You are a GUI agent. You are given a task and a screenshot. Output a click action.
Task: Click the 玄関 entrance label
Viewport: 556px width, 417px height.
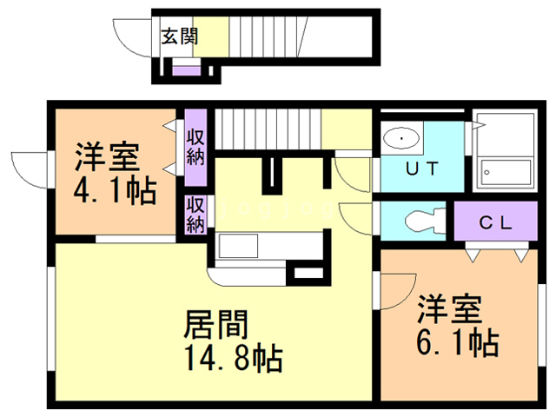(x=179, y=36)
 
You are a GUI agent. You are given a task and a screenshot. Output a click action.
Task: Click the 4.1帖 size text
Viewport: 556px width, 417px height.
(x=113, y=189)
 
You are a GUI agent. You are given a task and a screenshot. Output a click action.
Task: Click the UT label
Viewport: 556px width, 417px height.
(x=425, y=169)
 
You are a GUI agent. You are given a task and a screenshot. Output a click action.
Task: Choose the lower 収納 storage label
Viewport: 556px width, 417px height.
(x=195, y=215)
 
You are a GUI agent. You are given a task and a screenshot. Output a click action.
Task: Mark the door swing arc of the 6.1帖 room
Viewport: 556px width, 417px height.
(x=395, y=291)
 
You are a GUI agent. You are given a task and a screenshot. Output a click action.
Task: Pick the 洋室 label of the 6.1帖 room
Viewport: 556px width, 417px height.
(x=449, y=309)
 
